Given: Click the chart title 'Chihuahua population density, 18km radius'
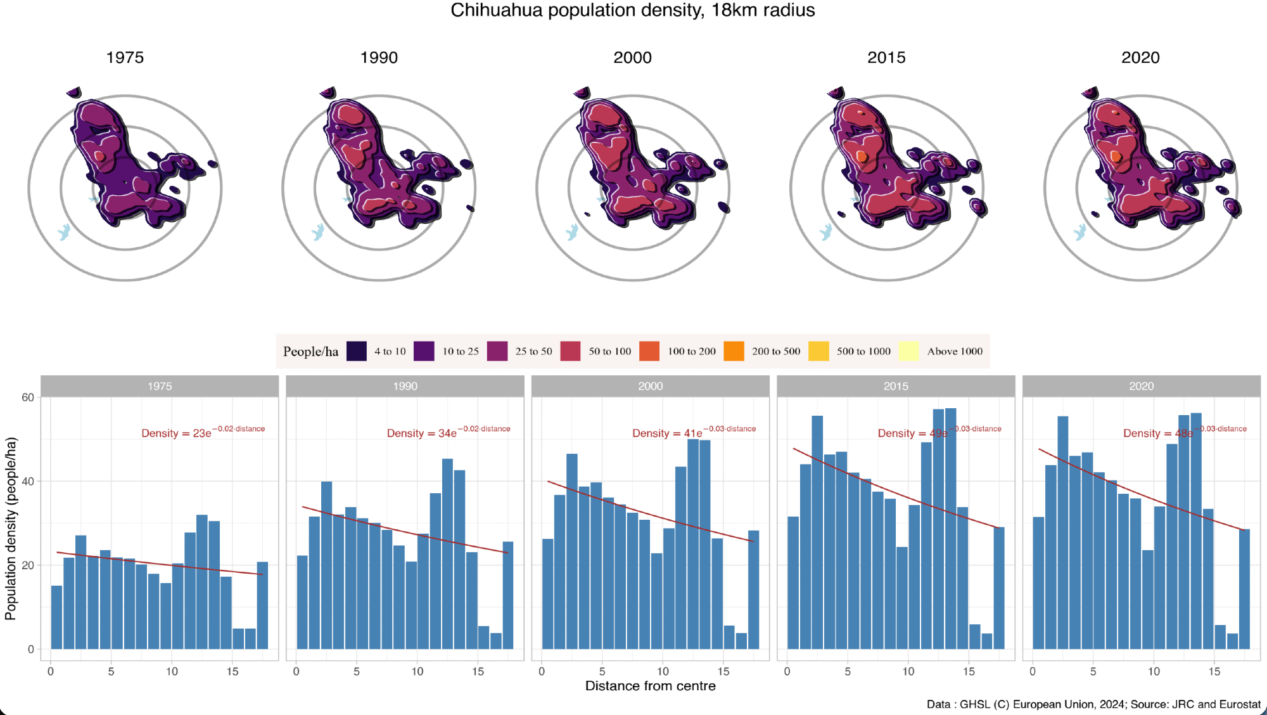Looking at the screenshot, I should click(x=632, y=11).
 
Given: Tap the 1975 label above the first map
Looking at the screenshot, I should click(x=125, y=58).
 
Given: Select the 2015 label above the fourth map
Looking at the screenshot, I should click(x=886, y=58).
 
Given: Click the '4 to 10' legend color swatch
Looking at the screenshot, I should click(x=357, y=351).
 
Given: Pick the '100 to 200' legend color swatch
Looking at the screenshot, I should click(x=649, y=351).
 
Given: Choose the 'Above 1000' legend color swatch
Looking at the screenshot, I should click(x=908, y=351).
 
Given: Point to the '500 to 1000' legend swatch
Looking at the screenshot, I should click(x=818, y=351).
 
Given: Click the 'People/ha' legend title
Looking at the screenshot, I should click(x=310, y=352).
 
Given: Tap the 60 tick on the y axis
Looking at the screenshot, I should click(x=28, y=397).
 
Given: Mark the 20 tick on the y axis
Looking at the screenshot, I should click(x=28, y=565).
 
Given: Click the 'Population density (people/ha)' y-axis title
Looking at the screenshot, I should click(x=11, y=528).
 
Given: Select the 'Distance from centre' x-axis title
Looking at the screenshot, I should click(x=650, y=686).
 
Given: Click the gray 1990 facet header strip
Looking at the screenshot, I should click(x=405, y=386).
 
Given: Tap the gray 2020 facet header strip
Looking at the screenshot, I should click(x=1141, y=386).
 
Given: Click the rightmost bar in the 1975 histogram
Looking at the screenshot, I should click(x=262, y=605).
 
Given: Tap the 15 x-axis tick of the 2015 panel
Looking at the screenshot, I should click(x=969, y=671).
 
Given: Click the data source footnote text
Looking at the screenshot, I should click(x=1093, y=704).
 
